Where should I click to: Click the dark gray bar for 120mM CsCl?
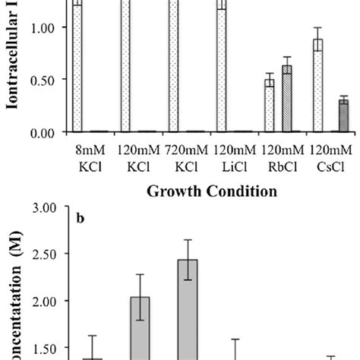point(343,116)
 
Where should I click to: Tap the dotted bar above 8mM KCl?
point(77,68)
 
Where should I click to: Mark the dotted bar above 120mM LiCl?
point(221,68)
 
